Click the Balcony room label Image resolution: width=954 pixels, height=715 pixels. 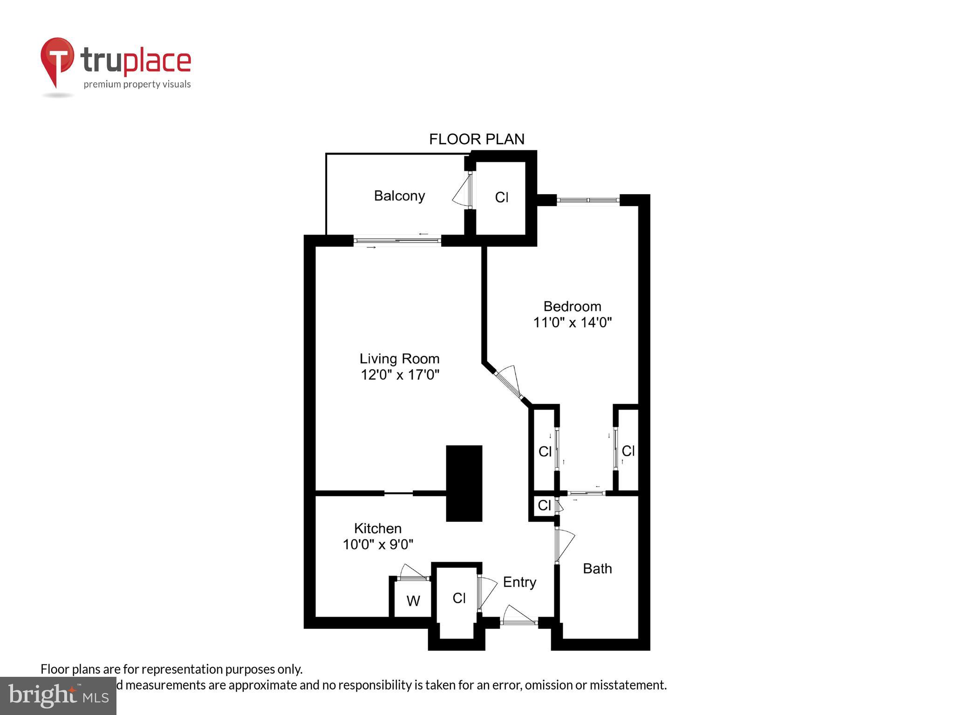tap(399, 196)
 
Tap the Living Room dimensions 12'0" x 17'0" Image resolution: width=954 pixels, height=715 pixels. tap(400, 375)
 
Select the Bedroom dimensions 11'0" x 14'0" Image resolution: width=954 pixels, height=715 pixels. tap(572, 322)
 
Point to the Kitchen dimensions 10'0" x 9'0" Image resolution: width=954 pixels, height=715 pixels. tap(378, 544)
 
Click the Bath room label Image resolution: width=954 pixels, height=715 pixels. tap(597, 568)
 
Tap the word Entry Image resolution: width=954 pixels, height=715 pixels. tap(519, 582)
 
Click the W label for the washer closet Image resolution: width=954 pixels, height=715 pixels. tap(413, 601)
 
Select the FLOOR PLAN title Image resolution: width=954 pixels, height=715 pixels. tap(477, 139)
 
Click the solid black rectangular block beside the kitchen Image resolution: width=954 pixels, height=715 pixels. tap(464, 483)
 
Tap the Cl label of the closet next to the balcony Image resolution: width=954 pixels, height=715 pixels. tap(502, 198)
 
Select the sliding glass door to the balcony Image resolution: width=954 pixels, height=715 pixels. tap(397, 241)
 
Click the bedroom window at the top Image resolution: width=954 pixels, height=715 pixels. tap(588, 200)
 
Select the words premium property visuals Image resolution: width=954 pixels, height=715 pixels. tap(137, 84)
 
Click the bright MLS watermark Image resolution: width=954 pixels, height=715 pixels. tap(58, 695)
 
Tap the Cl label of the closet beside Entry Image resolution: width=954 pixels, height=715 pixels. tap(459, 598)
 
